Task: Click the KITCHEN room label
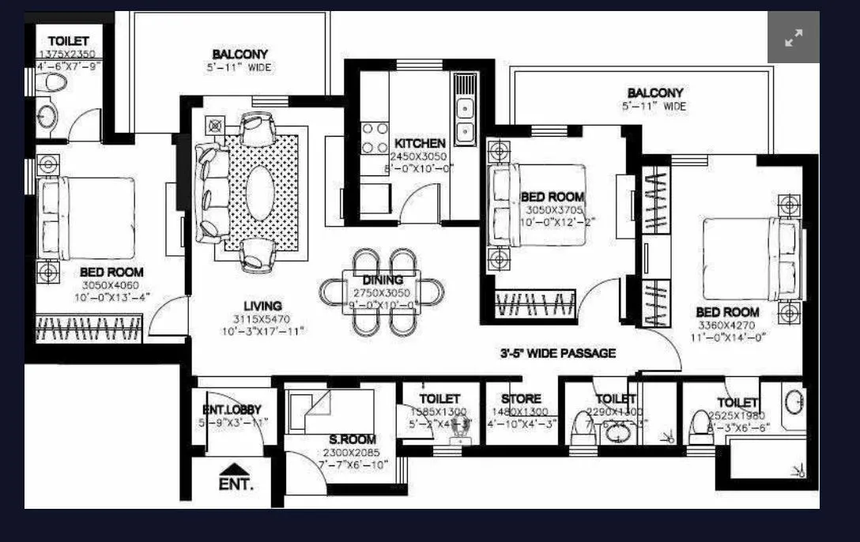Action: coord(420,143)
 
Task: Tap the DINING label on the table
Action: coord(383,280)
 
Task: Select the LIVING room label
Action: coord(262,306)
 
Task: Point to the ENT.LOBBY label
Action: coord(232,409)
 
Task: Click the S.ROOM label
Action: coord(353,439)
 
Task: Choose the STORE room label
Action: coord(521,399)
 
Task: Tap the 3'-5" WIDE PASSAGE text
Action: coord(557,353)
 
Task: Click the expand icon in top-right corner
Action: coord(793,37)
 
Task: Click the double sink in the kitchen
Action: coord(465,118)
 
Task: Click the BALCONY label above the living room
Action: coord(240,55)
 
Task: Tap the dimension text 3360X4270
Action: coord(727,326)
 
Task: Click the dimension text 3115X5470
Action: coord(262,319)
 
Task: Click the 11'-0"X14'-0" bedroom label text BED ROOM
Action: coord(727,312)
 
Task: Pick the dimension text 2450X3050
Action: coord(420,156)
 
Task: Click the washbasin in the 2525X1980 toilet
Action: coord(793,401)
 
